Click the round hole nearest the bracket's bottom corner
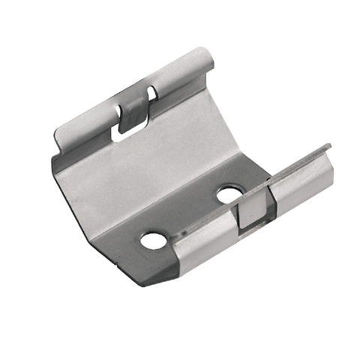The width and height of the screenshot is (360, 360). click(154, 241)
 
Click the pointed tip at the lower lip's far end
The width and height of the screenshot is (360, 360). click(328, 146)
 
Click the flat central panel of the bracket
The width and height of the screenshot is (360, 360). click(150, 172)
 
